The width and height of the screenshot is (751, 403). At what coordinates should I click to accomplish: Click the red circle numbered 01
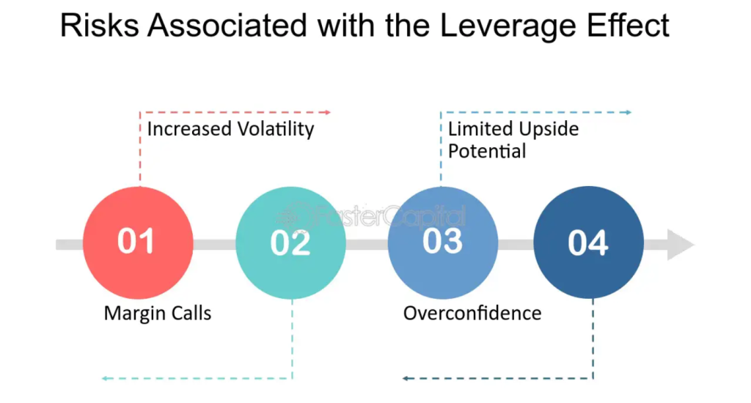click(x=138, y=243)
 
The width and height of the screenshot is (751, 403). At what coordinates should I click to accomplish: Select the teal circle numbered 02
click(x=290, y=243)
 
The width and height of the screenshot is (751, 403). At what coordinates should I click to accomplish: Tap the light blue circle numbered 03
click(x=442, y=243)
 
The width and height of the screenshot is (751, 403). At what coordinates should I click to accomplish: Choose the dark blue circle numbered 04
click(x=589, y=243)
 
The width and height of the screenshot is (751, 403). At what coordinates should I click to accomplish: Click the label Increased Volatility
click(x=230, y=129)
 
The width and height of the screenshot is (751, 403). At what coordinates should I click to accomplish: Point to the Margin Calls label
click(x=158, y=313)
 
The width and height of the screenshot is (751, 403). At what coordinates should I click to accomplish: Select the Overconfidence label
click(x=472, y=313)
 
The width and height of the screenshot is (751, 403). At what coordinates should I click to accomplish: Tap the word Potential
click(x=487, y=151)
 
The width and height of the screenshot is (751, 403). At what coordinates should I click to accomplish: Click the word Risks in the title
click(x=100, y=26)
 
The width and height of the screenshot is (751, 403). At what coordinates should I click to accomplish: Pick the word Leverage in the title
click(x=508, y=27)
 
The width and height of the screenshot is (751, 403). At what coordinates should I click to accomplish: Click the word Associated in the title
click(x=227, y=26)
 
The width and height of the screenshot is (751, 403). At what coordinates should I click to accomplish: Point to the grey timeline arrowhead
click(x=681, y=245)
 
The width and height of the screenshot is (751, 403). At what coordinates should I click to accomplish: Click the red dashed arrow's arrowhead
click(x=328, y=113)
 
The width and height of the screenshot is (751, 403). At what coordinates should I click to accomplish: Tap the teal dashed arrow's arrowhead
click(x=105, y=379)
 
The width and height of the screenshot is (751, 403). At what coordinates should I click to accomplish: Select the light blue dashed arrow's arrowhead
click(x=629, y=113)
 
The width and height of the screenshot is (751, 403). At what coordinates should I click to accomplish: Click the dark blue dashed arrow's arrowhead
click(x=406, y=379)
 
